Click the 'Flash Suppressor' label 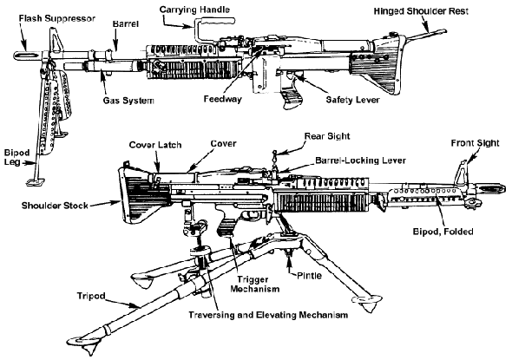coord(56,18)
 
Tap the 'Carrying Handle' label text coord(194,10)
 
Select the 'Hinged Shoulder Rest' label coord(421,11)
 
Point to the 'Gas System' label coord(128,101)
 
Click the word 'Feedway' coord(223,99)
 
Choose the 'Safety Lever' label coord(352,100)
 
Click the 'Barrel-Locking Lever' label coord(360,160)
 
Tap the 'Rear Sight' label coord(327,136)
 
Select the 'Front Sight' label coord(475,143)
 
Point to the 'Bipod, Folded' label coord(443,232)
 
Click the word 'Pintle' coord(309,276)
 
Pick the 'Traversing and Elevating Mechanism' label coord(268,315)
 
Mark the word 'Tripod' coord(91,296)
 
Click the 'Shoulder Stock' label coord(55,206)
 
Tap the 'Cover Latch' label coord(155,145)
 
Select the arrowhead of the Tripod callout coord(137,306)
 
